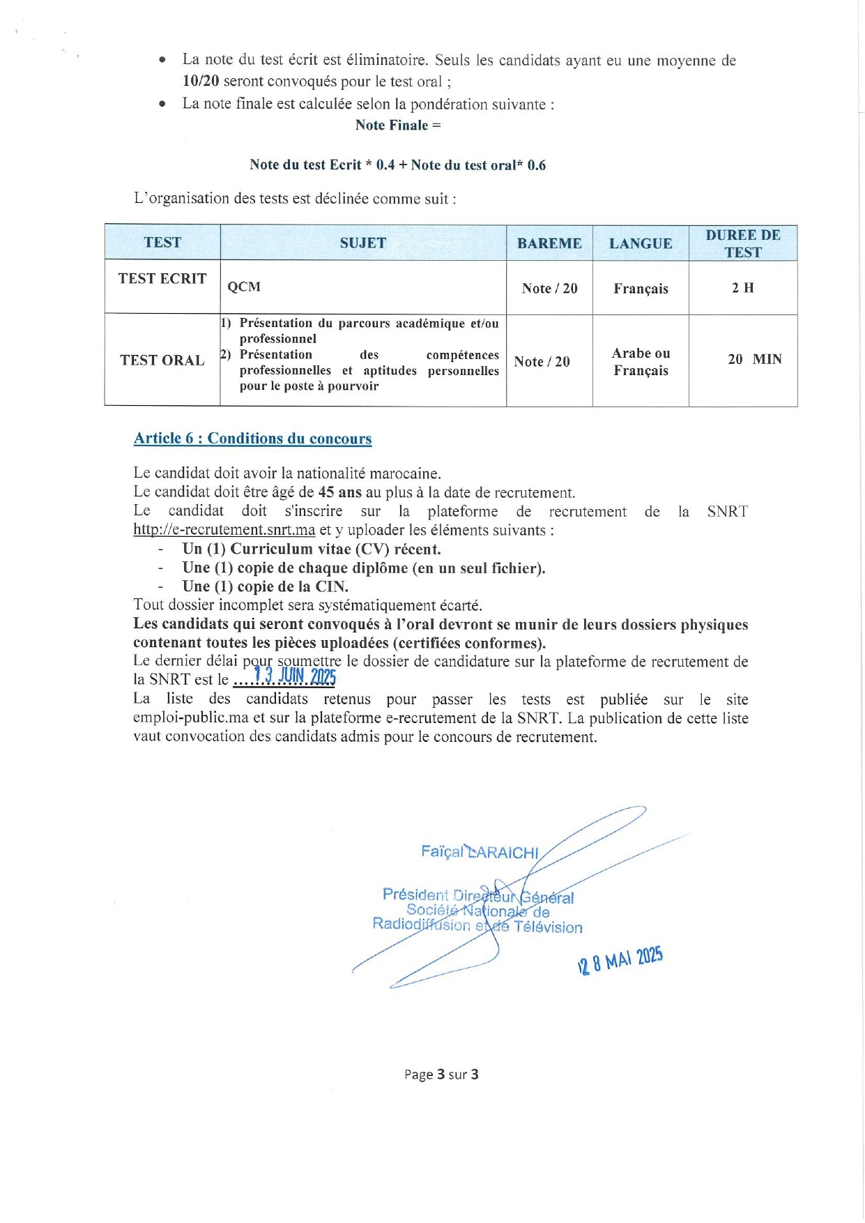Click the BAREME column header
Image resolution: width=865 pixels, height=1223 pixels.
[549, 243]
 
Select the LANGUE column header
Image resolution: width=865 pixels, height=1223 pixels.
[641, 243]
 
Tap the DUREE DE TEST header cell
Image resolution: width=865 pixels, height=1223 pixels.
[743, 243]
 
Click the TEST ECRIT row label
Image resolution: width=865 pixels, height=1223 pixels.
[162, 279]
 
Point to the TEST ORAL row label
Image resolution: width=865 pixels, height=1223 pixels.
[162, 360]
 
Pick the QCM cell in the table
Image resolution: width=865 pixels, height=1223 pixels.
[244, 287]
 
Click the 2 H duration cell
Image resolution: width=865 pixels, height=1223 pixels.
[743, 288]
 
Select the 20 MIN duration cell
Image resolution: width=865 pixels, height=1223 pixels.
[755, 360]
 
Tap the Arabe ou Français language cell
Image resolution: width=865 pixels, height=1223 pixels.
[641, 362]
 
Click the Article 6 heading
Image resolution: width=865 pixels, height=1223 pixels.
[252, 439]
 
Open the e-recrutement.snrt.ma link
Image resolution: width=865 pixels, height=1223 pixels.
[224, 530]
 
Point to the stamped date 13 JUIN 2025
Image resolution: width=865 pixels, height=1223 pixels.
[296, 676]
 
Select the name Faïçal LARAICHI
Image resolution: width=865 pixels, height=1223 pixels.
[480, 852]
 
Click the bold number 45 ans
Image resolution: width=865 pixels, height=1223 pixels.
[339, 492]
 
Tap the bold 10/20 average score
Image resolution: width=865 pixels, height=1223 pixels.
[201, 81]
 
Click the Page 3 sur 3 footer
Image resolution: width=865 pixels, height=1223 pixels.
[441, 1074]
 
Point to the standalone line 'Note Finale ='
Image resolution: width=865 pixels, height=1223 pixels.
[398, 126]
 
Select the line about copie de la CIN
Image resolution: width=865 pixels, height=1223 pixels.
[265, 586]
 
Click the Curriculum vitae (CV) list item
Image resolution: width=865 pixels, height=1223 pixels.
[312, 549]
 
